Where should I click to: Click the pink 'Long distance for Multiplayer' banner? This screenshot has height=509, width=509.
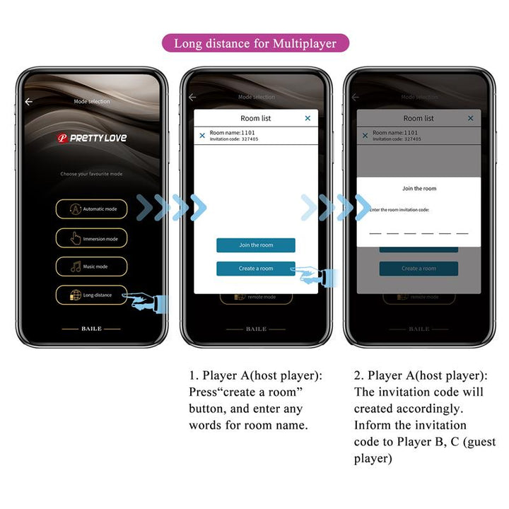click(x=255, y=43)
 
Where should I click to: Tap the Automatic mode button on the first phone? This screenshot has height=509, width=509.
click(x=92, y=209)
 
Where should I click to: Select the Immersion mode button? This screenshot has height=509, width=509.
click(x=92, y=238)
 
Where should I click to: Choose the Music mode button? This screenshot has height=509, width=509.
click(x=92, y=267)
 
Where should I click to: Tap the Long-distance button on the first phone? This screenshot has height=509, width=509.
click(x=92, y=295)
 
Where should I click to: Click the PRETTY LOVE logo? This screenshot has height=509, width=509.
click(x=92, y=138)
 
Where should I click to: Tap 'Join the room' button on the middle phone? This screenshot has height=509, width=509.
click(x=256, y=245)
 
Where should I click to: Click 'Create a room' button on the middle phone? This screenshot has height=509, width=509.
click(x=256, y=269)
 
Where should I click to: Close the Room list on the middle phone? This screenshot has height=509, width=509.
click(x=308, y=118)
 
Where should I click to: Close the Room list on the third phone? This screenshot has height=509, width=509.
click(x=471, y=118)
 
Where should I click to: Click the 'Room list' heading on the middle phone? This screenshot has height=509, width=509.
click(x=256, y=118)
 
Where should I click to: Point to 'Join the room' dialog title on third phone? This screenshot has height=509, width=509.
click(x=419, y=189)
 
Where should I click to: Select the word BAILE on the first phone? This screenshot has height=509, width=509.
click(x=92, y=329)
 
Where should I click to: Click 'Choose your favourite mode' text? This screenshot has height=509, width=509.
click(x=92, y=174)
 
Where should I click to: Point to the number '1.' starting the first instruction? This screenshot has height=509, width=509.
click(x=193, y=375)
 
